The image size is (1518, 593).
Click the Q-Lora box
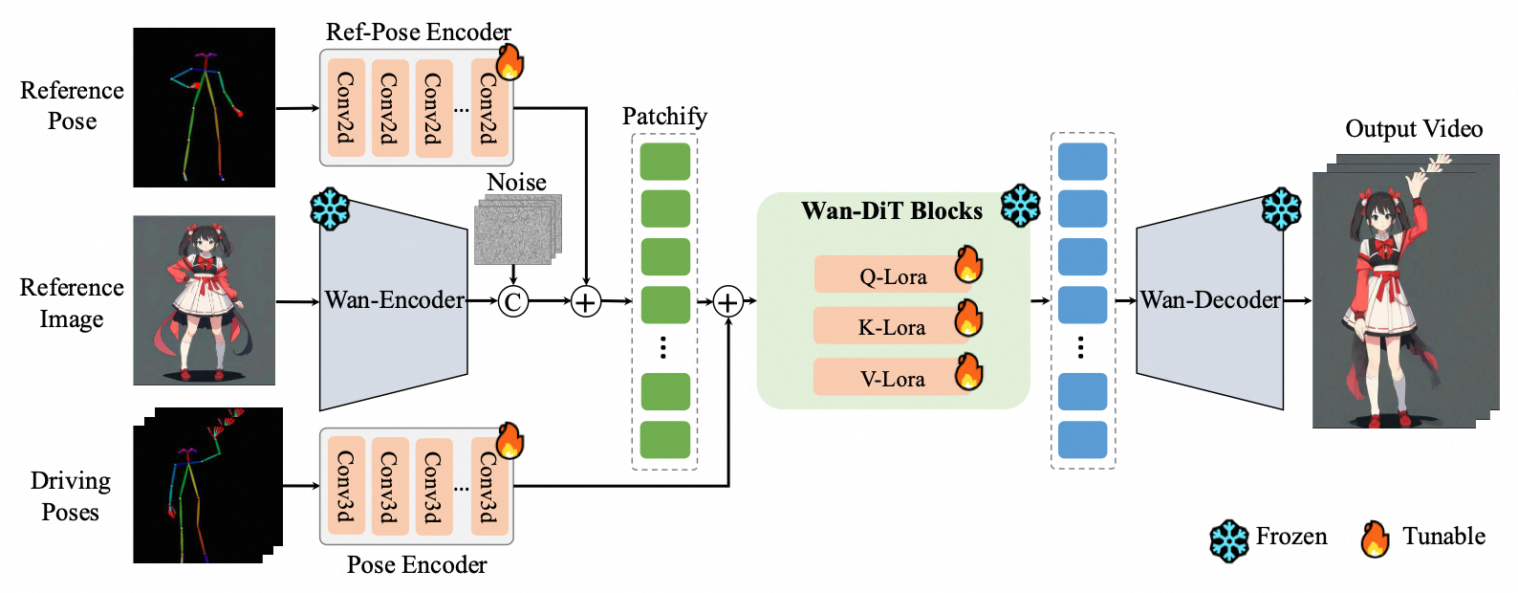[x=893, y=275]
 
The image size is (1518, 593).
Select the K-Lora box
[x=891, y=327]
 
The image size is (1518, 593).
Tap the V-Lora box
[x=892, y=379]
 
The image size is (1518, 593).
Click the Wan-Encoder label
[x=394, y=300]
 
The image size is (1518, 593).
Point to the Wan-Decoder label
[x=1210, y=300]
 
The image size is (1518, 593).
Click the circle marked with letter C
[x=513, y=302]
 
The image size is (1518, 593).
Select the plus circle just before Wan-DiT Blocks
[x=728, y=302]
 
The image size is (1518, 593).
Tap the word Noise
[x=516, y=182]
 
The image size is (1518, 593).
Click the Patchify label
[x=664, y=117]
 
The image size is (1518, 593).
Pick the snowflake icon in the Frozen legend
[x=1228, y=540]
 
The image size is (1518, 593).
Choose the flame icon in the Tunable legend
[x=1375, y=539]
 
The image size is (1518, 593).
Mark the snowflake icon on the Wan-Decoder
[x=1281, y=209]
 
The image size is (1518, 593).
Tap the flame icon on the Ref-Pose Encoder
[x=510, y=62]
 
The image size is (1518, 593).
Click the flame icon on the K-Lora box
[x=968, y=318]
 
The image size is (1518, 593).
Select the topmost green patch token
[x=665, y=162]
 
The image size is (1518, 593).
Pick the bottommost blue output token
[x=1082, y=440]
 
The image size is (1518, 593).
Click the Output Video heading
[x=1414, y=129]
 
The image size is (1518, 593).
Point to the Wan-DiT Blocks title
[x=891, y=211]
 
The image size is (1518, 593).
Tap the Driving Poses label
[x=71, y=496]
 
